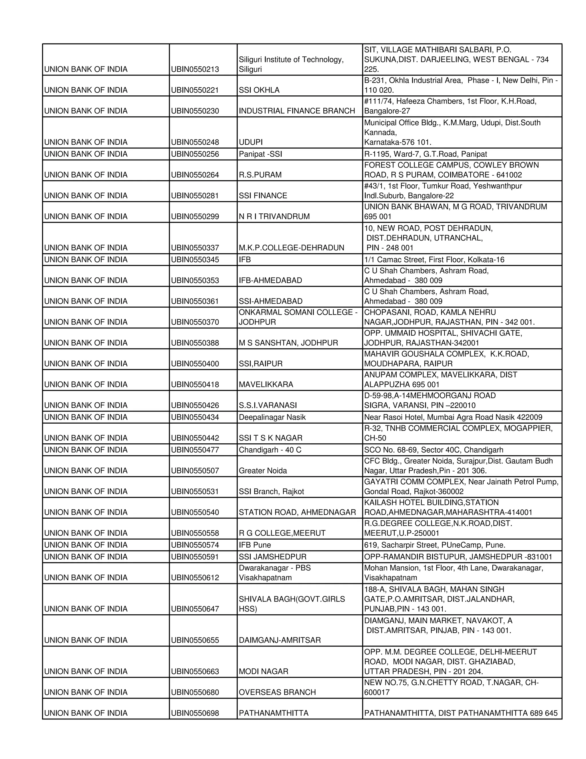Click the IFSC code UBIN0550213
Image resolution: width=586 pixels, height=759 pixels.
[x=195, y=69]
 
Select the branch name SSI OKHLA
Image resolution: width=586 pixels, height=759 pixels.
[x=259, y=90]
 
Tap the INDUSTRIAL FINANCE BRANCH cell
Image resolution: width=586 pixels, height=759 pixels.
[x=297, y=111]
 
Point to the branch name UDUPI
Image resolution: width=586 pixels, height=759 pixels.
[x=251, y=142]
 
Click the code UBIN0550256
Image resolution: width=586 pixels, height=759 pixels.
[x=195, y=154]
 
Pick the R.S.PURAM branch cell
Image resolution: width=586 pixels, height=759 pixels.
[x=260, y=175]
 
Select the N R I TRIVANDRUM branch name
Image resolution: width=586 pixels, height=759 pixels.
[x=274, y=217]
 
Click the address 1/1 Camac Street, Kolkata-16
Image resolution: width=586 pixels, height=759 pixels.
[x=434, y=259]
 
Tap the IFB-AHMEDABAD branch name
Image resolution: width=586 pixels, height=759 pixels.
[x=270, y=280]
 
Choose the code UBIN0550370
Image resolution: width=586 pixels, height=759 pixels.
[x=195, y=322]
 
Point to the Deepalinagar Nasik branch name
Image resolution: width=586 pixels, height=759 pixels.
[x=272, y=417]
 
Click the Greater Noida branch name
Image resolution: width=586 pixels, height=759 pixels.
[x=263, y=471]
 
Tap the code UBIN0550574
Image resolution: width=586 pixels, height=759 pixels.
[x=195, y=545]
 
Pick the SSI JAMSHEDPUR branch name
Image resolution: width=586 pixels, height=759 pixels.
[x=272, y=557]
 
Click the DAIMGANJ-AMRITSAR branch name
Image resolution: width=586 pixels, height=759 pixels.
[x=280, y=640]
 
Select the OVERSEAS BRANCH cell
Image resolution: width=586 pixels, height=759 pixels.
[x=277, y=692]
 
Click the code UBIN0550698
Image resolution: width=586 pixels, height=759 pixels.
[x=195, y=713]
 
